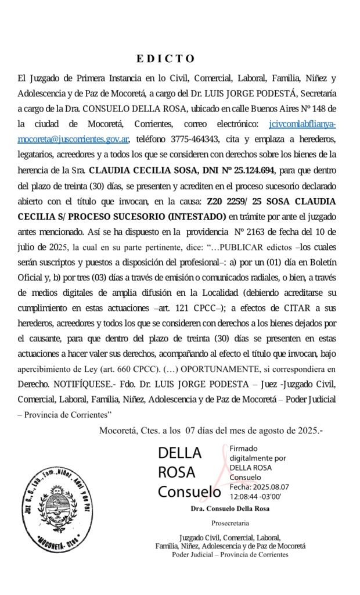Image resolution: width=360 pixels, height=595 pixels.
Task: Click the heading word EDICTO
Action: (x=165, y=59)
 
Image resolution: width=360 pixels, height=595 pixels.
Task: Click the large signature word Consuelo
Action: (x=189, y=492)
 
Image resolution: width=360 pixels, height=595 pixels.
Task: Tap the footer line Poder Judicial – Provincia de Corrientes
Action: (x=230, y=554)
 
